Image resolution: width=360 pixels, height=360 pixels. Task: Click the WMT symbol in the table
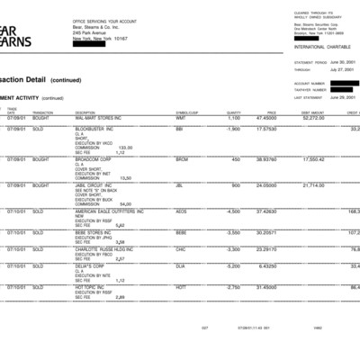click(x=180, y=118)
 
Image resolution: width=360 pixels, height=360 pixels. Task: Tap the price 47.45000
click(x=265, y=118)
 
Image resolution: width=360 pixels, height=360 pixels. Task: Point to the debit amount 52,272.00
click(x=313, y=118)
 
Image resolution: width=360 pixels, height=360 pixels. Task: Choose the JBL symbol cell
click(x=180, y=185)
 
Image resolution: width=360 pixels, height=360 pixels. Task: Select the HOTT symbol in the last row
click(x=181, y=286)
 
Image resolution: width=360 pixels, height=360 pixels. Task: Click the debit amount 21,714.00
click(x=313, y=185)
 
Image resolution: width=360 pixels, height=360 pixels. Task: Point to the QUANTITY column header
click(x=234, y=112)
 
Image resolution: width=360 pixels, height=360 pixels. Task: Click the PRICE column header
click(x=271, y=112)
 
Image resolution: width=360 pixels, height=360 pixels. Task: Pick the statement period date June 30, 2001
click(x=344, y=63)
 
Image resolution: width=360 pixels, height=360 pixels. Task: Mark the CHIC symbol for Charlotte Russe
click(x=181, y=248)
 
